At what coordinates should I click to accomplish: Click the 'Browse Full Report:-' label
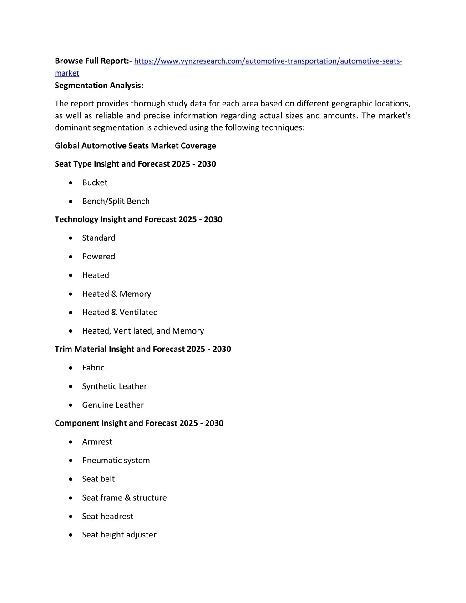click(93, 61)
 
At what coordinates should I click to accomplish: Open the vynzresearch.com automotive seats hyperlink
click(268, 61)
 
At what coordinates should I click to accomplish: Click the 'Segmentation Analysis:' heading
click(99, 86)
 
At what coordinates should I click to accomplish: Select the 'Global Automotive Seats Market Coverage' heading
click(135, 146)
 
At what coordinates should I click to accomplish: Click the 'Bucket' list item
click(95, 182)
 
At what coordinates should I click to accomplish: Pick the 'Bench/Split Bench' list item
click(116, 201)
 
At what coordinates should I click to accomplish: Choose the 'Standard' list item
click(99, 238)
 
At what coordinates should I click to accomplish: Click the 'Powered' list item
click(98, 257)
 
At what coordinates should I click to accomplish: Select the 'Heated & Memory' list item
click(116, 294)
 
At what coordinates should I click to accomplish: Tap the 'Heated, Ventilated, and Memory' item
click(143, 331)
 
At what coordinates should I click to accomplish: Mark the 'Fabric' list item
click(93, 368)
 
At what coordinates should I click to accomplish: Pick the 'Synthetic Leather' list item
click(114, 386)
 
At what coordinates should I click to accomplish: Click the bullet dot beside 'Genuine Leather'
click(71, 405)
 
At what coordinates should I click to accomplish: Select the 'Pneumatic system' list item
click(116, 461)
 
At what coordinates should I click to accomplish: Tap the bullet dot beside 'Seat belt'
click(71, 479)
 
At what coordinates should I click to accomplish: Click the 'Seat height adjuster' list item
click(119, 535)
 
